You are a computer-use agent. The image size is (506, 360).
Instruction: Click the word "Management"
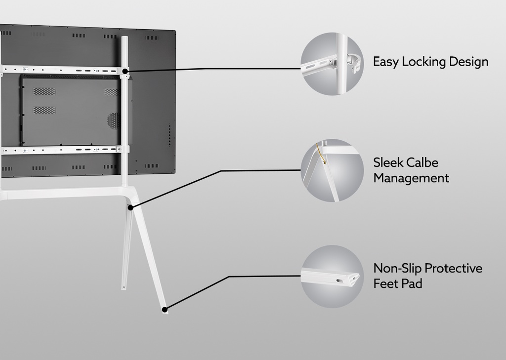click(411, 178)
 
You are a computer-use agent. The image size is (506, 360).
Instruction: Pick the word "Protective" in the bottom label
click(453, 269)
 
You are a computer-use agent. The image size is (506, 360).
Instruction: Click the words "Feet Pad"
click(398, 284)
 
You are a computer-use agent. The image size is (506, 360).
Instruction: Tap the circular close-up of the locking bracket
click(332, 64)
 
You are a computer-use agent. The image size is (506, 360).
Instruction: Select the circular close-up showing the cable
click(332, 170)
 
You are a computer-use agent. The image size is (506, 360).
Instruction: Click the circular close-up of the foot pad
click(332, 277)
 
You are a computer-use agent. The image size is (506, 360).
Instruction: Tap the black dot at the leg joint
click(130, 208)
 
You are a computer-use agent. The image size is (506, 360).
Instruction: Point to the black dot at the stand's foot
click(164, 310)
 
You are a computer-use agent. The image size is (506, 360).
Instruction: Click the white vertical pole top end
click(125, 40)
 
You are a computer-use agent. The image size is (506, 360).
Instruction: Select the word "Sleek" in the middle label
click(388, 163)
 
